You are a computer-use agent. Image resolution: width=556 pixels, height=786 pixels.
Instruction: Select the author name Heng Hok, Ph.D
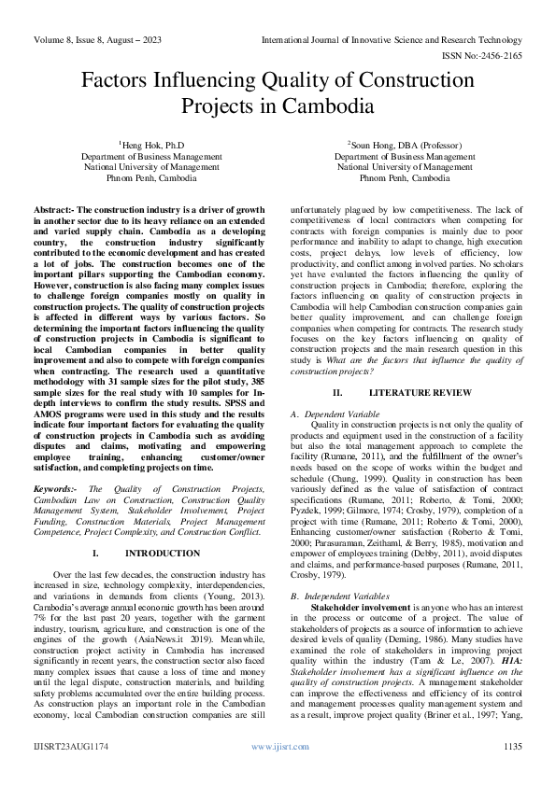(x=152, y=145)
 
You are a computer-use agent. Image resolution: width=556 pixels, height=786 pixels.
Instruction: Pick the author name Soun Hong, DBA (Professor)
(x=405, y=145)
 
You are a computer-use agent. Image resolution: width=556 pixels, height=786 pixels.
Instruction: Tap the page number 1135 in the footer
(x=512, y=771)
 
